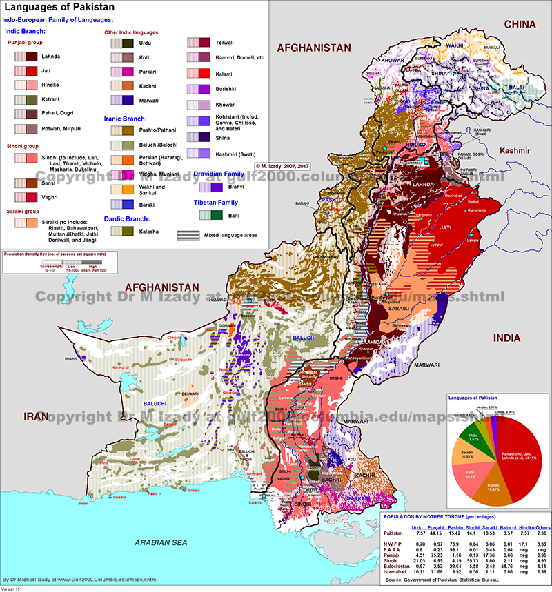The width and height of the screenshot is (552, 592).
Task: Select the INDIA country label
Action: pos(509,338)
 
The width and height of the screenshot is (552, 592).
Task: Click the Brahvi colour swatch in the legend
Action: pos(210,186)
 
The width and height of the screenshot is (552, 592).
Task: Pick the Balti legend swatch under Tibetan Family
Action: pos(210,215)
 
